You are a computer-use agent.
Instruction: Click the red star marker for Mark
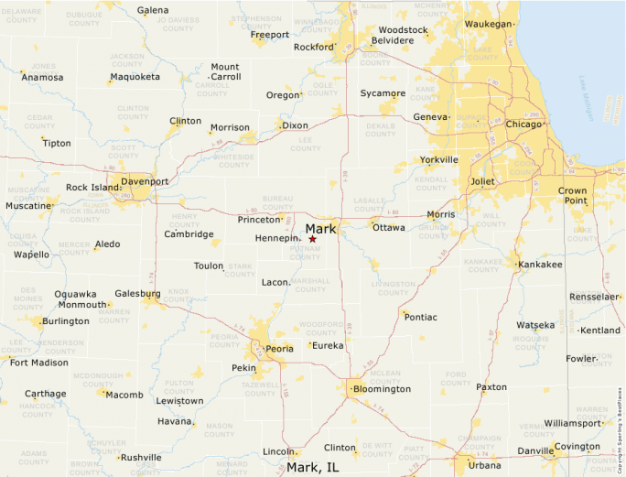point(312,239)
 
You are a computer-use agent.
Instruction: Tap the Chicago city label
point(523,124)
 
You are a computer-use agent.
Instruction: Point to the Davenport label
point(145,181)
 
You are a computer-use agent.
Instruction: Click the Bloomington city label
point(382,389)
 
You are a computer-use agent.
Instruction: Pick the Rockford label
point(313,47)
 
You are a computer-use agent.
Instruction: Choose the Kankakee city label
point(540,265)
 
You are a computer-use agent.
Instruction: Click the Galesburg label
point(137,294)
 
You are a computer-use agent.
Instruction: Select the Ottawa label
point(388,227)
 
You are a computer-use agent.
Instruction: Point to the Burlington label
point(66,321)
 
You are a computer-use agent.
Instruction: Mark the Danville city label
point(535,450)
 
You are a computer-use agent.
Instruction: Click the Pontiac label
point(421,317)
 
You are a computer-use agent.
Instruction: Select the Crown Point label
point(573,195)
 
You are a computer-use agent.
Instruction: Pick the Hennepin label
point(277,239)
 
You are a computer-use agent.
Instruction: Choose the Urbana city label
point(485,465)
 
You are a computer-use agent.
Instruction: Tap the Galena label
point(153,10)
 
